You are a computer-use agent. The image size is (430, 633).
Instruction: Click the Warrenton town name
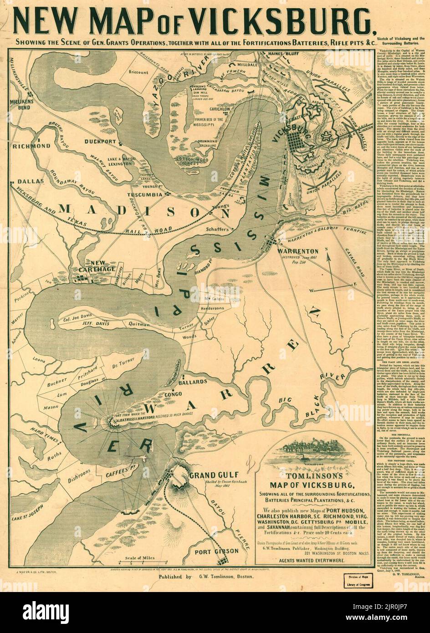click(298, 251)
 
